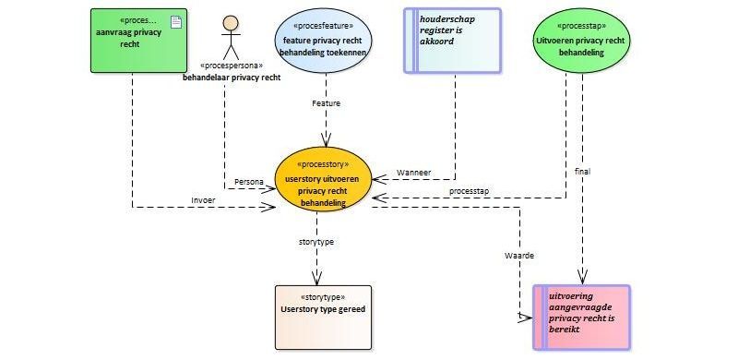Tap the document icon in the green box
point(176,21)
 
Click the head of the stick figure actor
point(231,23)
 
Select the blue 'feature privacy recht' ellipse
point(323,41)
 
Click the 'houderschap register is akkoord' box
point(452,41)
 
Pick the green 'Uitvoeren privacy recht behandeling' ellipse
point(581,41)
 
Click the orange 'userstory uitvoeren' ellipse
point(323,179)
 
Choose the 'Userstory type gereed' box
point(323,318)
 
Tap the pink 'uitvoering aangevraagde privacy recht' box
point(581,318)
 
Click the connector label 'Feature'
point(326,103)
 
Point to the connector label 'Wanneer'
point(413,173)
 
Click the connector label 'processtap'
point(469,191)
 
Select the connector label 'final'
point(582,172)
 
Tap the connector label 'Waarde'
point(519,256)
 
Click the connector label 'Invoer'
point(203,199)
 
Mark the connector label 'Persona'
point(249,182)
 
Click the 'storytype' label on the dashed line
point(316,242)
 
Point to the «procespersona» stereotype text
point(232,66)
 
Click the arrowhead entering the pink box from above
point(583,277)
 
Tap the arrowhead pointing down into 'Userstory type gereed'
point(316,278)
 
